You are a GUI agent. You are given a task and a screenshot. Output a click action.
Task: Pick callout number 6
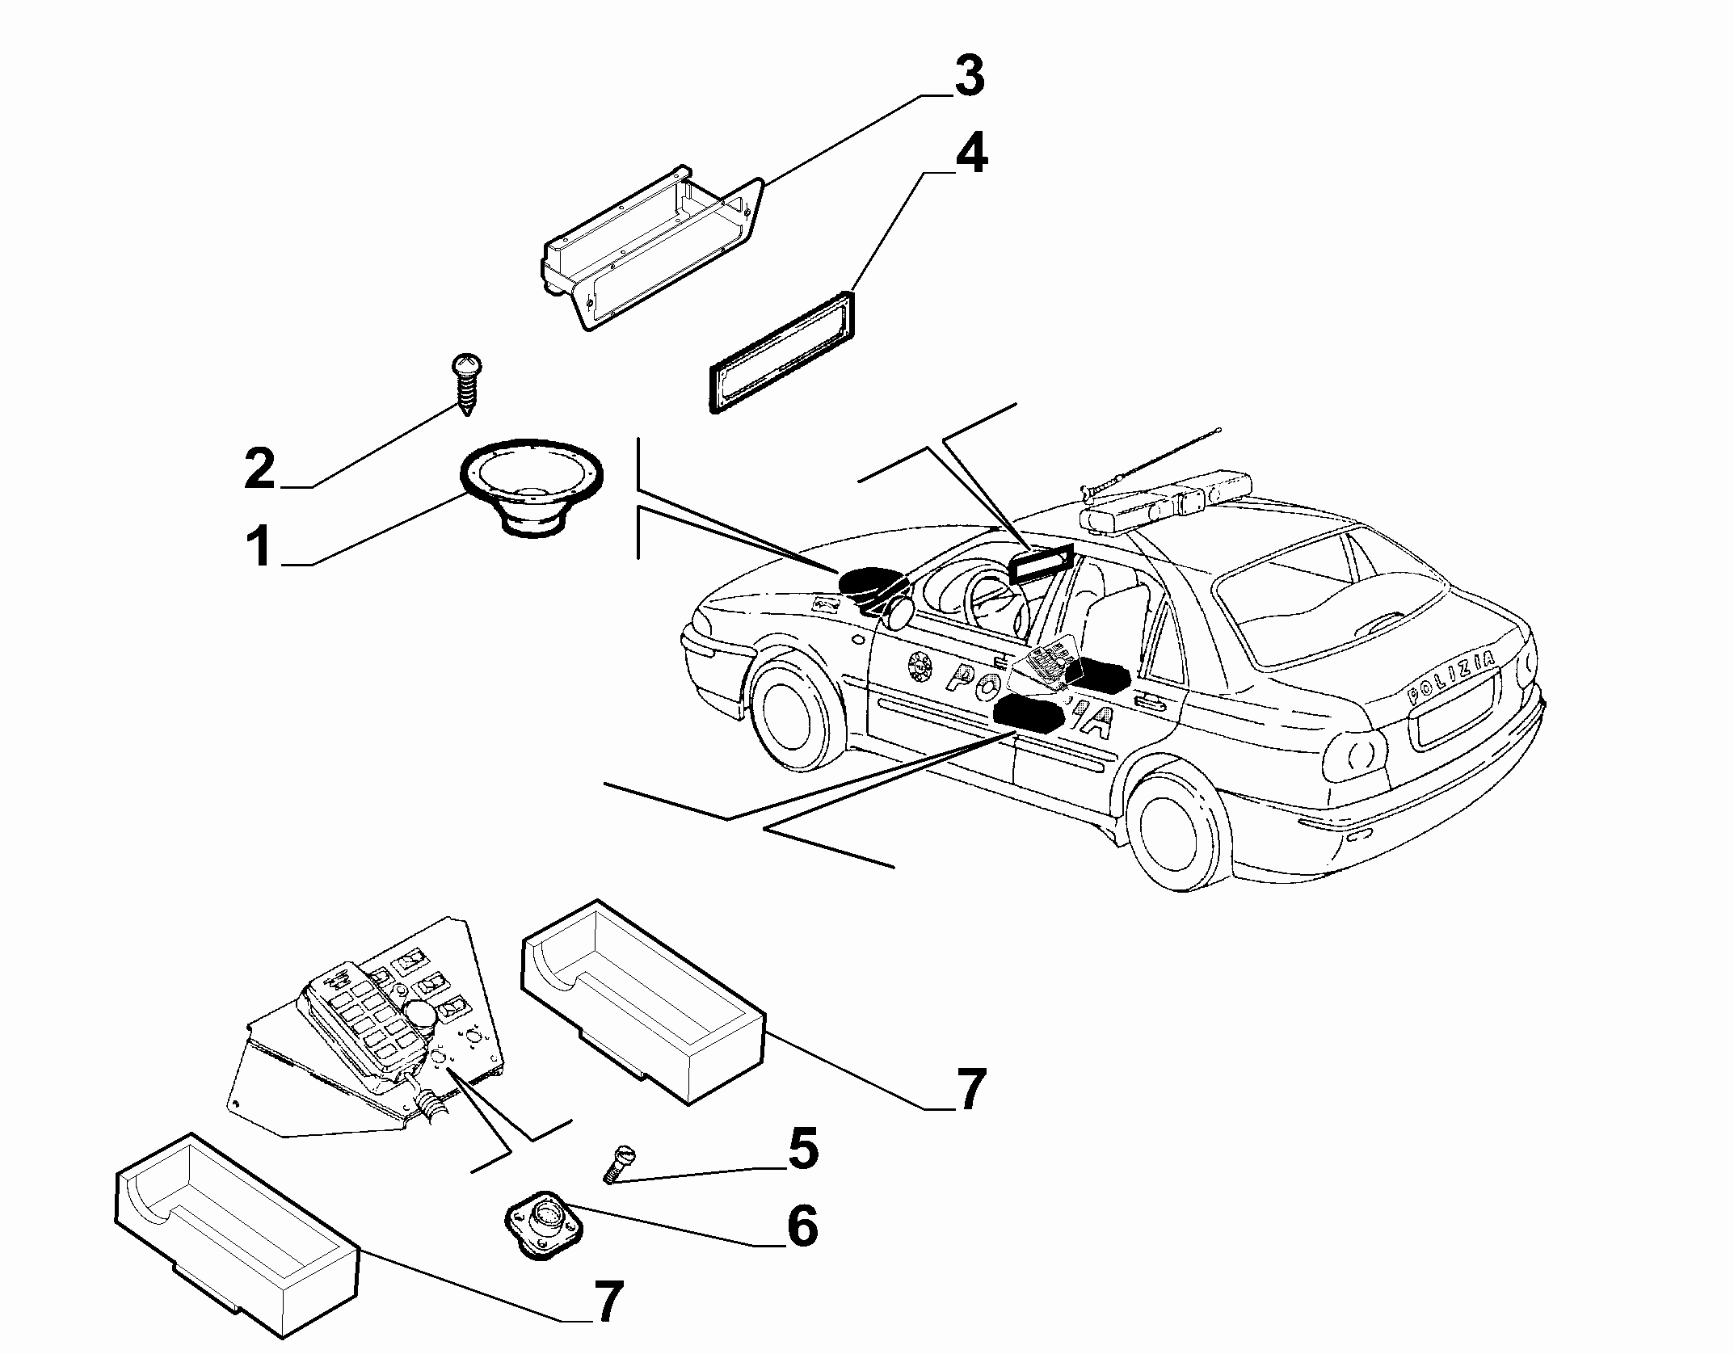802,1226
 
